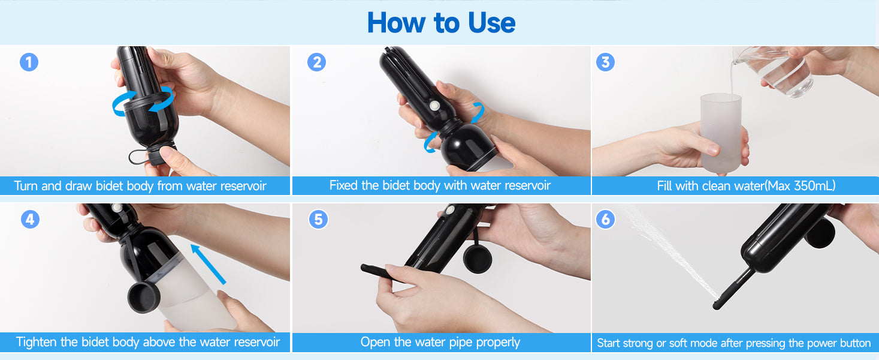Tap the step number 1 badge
click(x=29, y=62)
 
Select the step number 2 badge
click(x=317, y=62)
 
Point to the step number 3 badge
click(x=606, y=62)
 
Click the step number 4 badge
click(x=30, y=220)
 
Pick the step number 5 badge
click(x=318, y=220)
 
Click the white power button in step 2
click(x=434, y=106)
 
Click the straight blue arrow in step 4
click(x=208, y=264)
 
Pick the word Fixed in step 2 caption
click(x=344, y=185)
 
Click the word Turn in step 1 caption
click(x=26, y=185)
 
